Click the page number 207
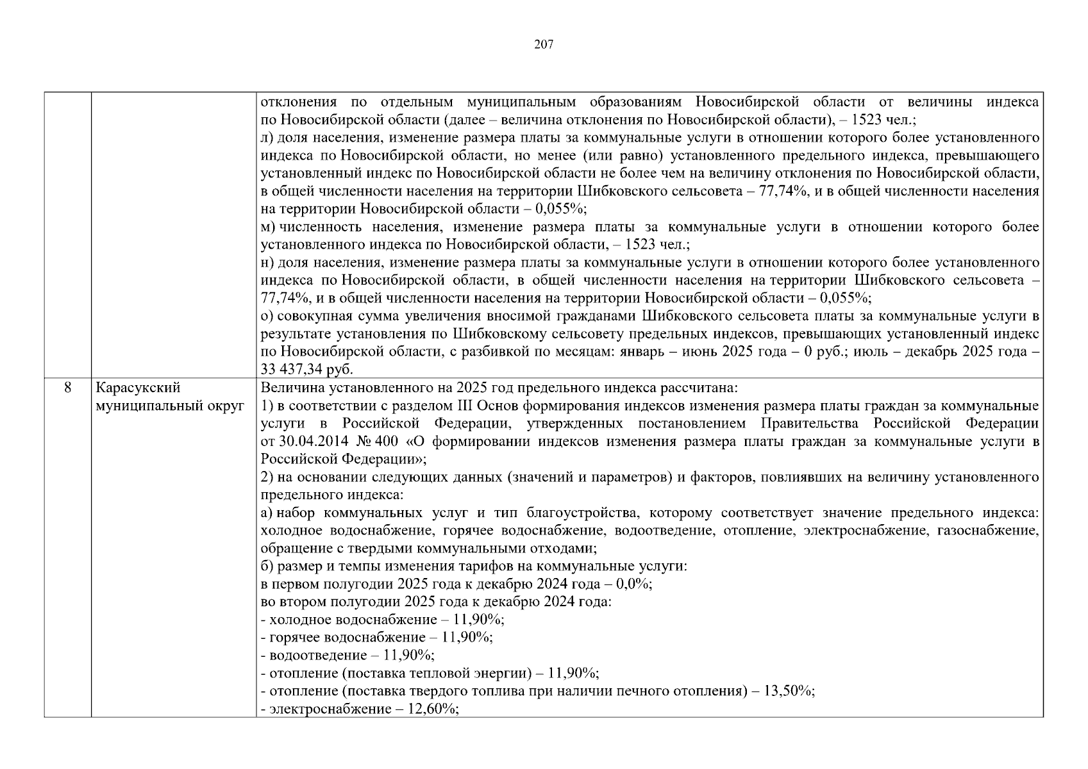pos(543,44)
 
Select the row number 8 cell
pos(67,388)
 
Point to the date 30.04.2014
pos(308,442)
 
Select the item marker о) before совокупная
pos(268,316)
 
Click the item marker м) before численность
pos(268,227)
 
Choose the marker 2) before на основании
pos(267,477)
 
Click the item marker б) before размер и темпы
pos(267,566)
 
